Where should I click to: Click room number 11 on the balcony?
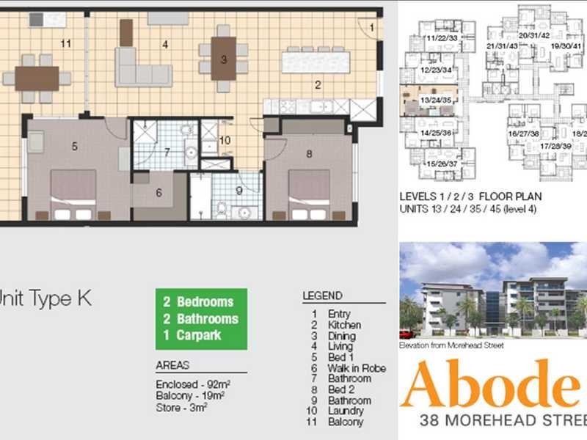tap(66, 44)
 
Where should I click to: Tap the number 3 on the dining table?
tap(224, 59)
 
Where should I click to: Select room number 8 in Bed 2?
tap(309, 153)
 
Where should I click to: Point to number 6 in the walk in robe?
tap(158, 193)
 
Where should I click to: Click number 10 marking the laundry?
tap(225, 139)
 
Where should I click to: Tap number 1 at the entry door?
tap(372, 28)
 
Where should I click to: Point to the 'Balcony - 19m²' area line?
tap(190, 395)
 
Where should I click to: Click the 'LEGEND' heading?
tap(322, 296)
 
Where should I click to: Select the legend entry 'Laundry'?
tap(345, 411)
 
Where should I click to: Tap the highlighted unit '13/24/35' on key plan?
tap(434, 100)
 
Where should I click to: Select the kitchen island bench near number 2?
tap(316, 59)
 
